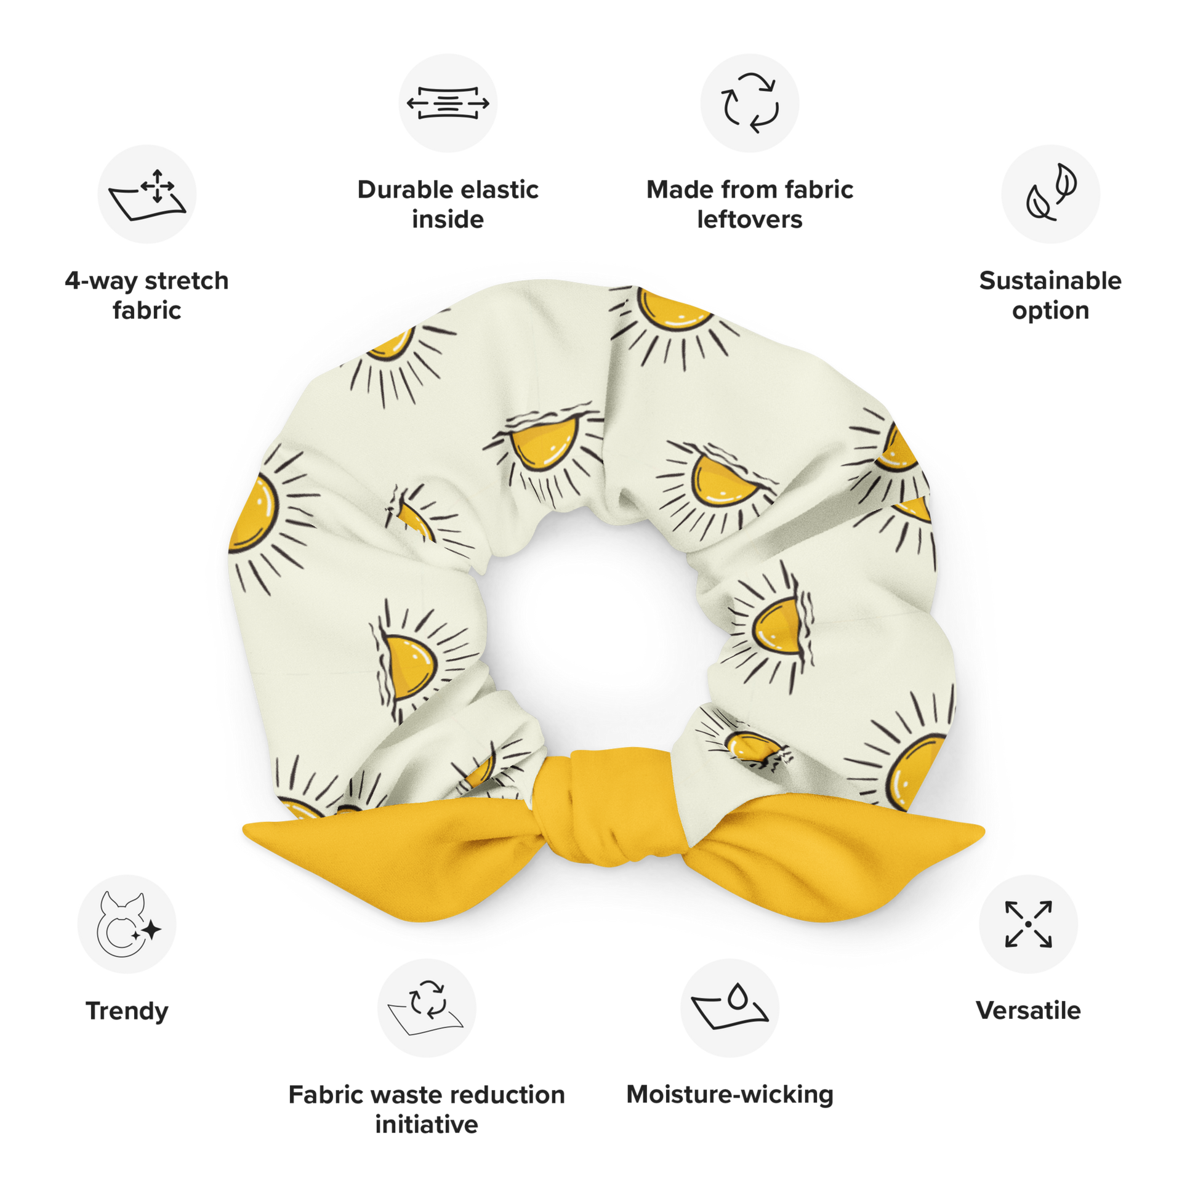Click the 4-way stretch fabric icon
point(147,194)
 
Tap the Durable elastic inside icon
point(448,103)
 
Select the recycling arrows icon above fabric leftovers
point(750,103)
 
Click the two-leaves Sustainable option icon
point(1050,194)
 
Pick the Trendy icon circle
point(127,924)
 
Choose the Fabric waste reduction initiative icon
point(427,1007)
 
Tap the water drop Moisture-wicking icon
point(730,1007)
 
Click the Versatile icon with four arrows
point(1028,924)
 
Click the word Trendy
point(127,1011)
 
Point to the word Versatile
point(1028,1011)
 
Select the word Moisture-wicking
point(730,1095)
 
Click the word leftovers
point(750,220)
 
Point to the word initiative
point(427,1124)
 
